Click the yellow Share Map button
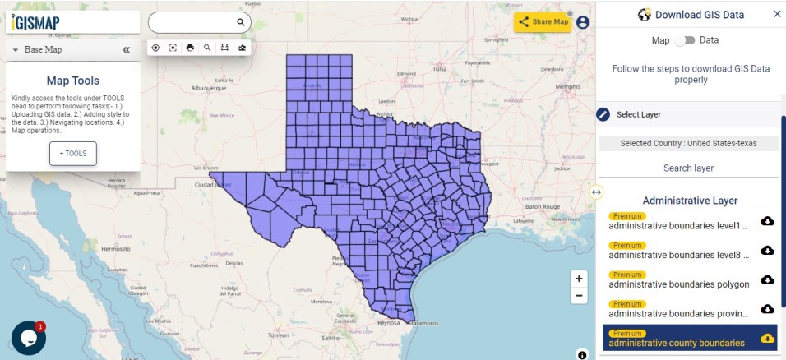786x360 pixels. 543,22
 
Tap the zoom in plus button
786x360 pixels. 580,279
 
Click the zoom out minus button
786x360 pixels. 580,296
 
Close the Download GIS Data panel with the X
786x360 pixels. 777,14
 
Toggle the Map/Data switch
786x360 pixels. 685,40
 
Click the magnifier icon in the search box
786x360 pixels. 241,22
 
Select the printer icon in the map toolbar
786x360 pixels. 190,48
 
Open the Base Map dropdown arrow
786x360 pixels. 16,50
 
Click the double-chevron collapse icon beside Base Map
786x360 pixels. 127,50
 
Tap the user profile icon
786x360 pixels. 583,22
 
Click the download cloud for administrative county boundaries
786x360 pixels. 767,338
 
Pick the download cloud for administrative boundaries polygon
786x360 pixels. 767,279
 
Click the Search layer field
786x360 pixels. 688,168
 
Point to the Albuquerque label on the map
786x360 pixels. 208,86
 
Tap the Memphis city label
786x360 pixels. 567,86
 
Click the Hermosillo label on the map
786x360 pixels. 115,247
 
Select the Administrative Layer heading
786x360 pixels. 690,201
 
